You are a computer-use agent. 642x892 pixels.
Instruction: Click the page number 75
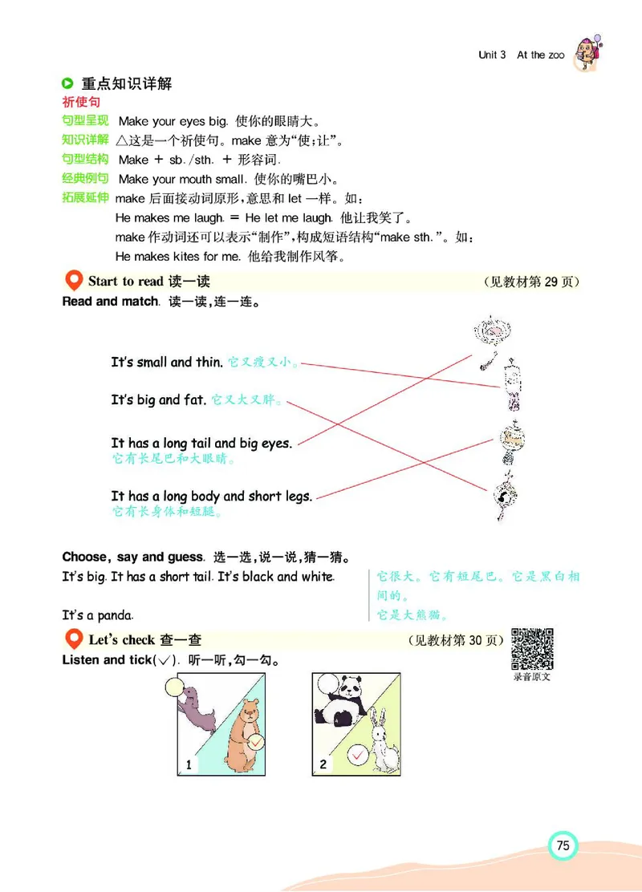563,845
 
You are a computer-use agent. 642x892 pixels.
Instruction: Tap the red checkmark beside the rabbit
358,754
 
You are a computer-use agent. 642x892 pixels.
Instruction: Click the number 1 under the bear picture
189,764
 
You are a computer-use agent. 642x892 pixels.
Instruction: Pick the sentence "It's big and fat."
159,399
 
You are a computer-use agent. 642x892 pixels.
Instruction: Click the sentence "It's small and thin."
167,363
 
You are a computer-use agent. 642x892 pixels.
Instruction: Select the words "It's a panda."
98,615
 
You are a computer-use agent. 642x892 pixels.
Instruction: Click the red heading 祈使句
81,103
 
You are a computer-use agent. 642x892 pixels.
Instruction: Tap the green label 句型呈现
85,121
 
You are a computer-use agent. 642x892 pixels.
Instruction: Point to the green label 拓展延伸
85,197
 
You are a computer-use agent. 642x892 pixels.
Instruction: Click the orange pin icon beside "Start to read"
73,282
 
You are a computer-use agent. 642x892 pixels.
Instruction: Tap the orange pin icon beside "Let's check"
73,640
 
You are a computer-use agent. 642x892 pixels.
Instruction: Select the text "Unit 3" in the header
492,55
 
